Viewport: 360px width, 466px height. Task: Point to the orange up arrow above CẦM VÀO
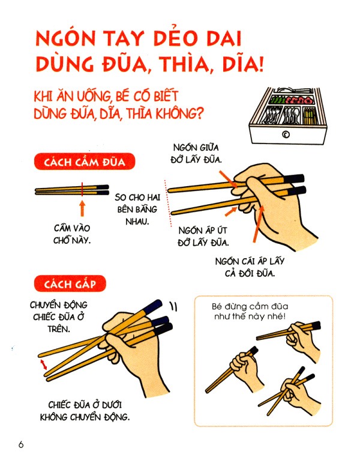[82, 208]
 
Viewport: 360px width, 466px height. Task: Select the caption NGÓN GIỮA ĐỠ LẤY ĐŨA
[198, 153]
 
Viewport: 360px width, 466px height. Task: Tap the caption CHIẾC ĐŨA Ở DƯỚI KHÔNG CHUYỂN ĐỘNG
[89, 410]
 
